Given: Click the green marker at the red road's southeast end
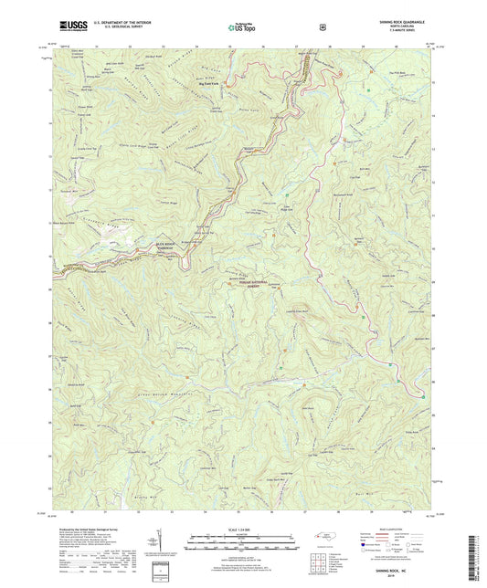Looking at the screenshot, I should tap(423, 396).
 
